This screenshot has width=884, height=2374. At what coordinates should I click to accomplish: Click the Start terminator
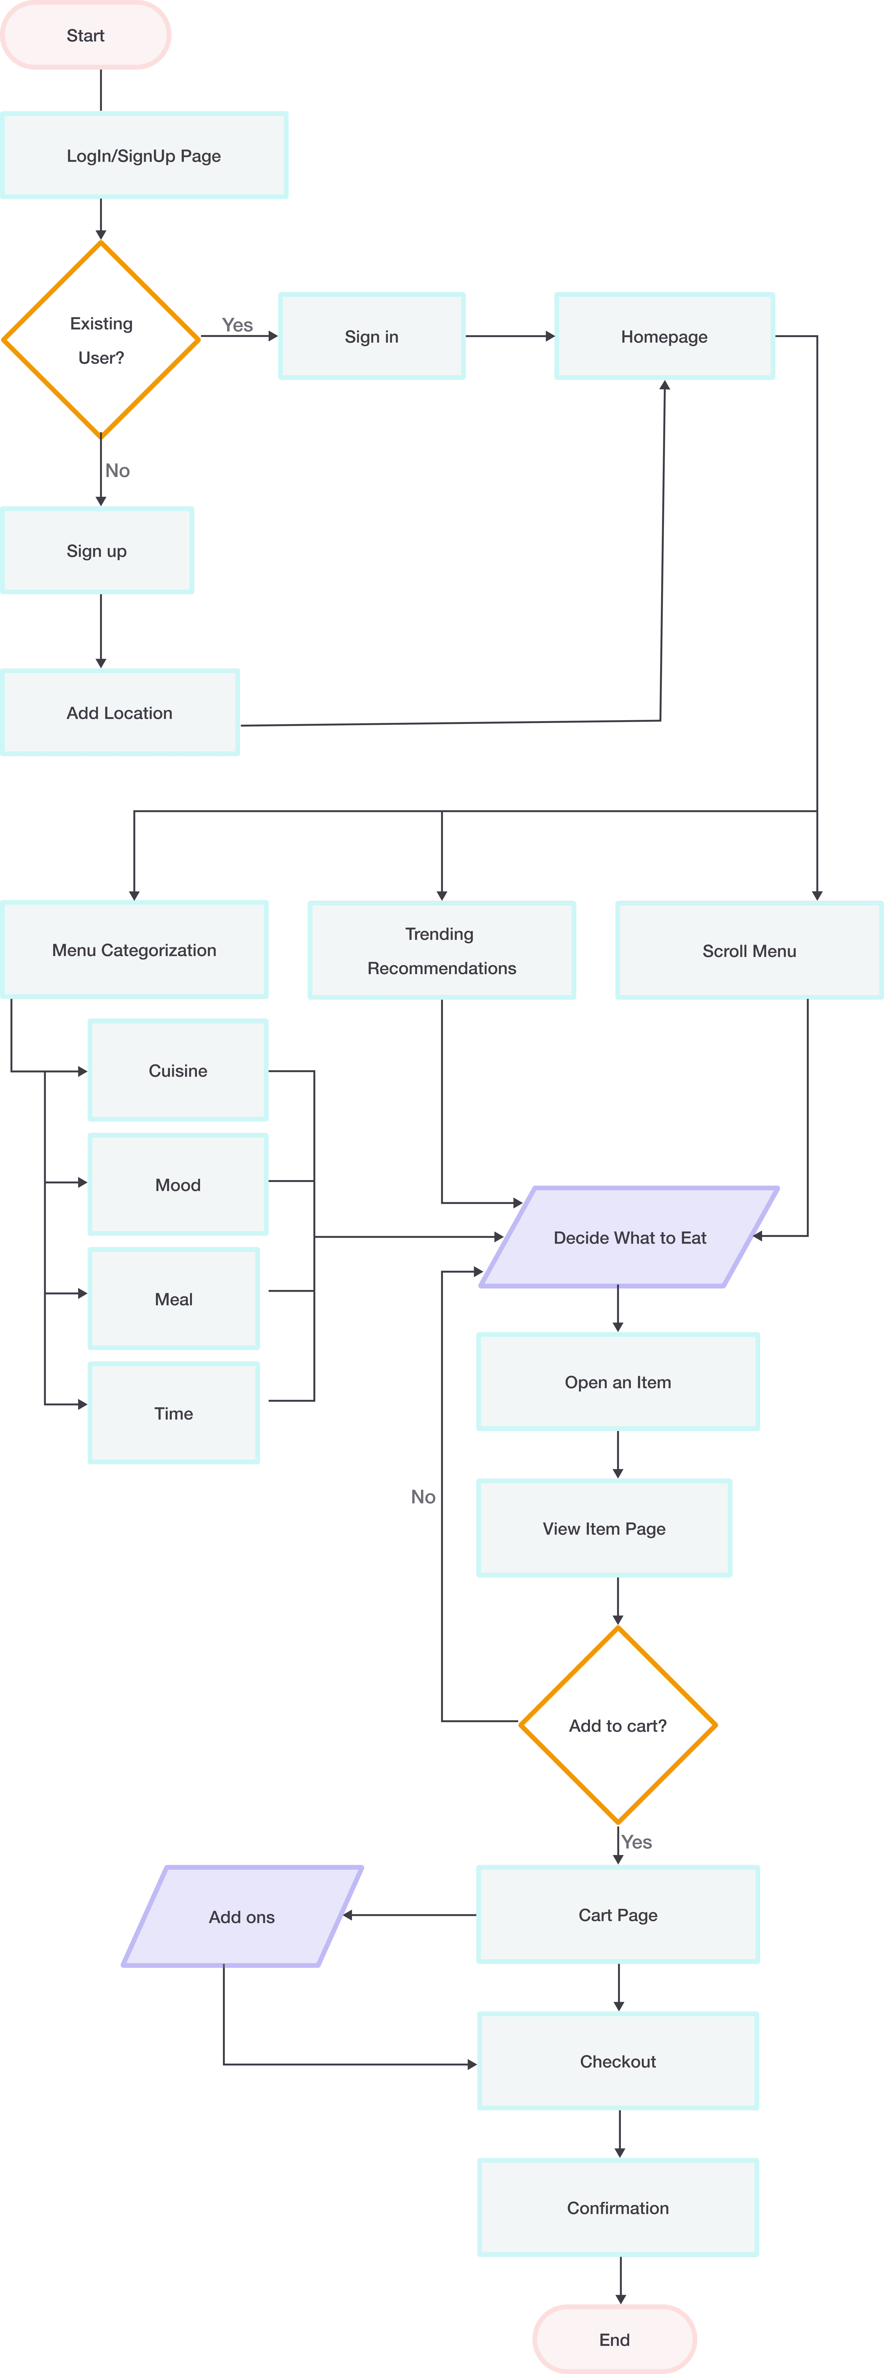click(x=86, y=35)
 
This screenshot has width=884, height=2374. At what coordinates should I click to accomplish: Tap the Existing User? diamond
click(x=101, y=339)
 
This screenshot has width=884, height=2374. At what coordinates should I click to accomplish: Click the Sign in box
click(x=372, y=336)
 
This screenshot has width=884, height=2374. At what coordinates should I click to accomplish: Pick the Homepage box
click(x=664, y=336)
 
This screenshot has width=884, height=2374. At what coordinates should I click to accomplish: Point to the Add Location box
click(x=120, y=712)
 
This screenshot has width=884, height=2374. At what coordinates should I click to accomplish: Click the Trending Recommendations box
click(x=442, y=950)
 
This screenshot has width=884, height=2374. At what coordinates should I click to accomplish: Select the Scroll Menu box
click(x=748, y=950)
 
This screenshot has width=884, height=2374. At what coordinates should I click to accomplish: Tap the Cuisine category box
click(x=178, y=1070)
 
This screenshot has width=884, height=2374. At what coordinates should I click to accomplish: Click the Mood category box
click(x=178, y=1184)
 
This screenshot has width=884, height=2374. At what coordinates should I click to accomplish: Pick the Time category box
click(x=173, y=1413)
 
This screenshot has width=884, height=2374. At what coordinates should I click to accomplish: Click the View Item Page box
click(x=604, y=1528)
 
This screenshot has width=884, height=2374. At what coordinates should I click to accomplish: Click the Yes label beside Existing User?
click(x=238, y=324)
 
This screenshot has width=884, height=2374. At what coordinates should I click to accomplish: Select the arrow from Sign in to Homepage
click(x=510, y=336)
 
